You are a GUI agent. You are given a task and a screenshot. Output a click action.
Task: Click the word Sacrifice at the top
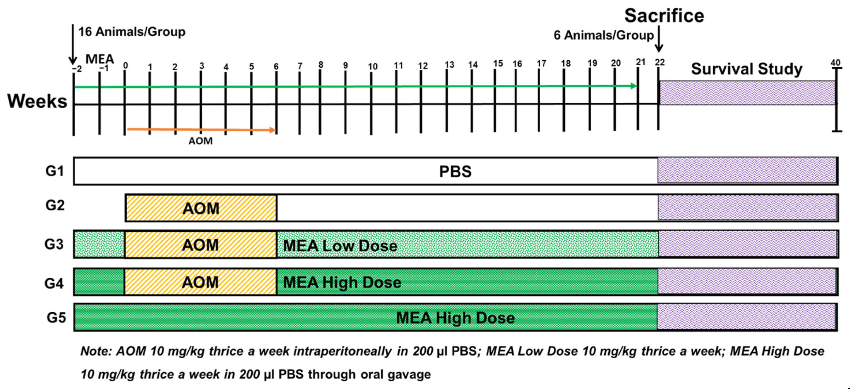pyautogui.click(x=664, y=16)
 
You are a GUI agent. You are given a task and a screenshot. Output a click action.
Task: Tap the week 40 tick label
pyautogui.click(x=835, y=63)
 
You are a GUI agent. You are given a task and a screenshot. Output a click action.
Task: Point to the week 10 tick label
pyautogui.click(x=373, y=67)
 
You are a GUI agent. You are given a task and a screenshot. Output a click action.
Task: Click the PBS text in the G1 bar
pyautogui.click(x=455, y=172)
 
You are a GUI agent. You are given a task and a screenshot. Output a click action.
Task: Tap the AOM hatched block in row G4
pyautogui.click(x=200, y=282)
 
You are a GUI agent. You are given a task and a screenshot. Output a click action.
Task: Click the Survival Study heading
pyautogui.click(x=746, y=69)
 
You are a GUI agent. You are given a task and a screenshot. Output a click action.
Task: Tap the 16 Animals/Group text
pyautogui.click(x=132, y=32)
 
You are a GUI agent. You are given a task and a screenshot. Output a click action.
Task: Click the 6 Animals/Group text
pyautogui.click(x=603, y=35)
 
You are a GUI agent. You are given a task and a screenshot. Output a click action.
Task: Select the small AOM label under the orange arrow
pyautogui.click(x=200, y=141)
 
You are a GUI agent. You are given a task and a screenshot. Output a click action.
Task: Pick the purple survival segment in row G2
pyautogui.click(x=747, y=207)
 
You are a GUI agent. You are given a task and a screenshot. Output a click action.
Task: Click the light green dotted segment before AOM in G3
pyautogui.click(x=99, y=245)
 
